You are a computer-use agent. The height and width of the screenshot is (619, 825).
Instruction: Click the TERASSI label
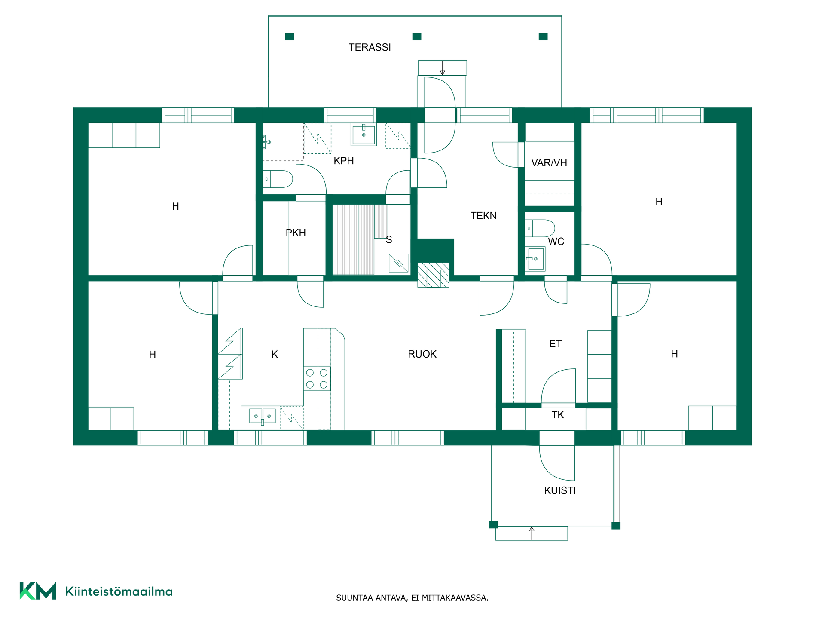point(370,47)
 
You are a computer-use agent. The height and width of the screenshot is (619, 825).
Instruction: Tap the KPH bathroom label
point(344,161)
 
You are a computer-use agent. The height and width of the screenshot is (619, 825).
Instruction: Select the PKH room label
point(296,233)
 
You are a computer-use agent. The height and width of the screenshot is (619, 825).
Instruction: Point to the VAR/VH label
point(549,163)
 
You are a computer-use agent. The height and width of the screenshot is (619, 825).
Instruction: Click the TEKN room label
point(483,216)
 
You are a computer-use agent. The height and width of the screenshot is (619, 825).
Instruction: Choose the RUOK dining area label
point(422,354)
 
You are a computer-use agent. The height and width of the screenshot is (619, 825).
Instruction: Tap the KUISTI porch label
point(560,490)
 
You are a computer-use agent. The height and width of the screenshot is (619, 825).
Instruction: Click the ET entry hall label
point(555,344)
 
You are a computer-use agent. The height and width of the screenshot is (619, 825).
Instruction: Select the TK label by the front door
point(558,415)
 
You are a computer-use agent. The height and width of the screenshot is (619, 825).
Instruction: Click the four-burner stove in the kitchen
point(317,379)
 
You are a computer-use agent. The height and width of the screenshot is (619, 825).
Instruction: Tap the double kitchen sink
point(263,416)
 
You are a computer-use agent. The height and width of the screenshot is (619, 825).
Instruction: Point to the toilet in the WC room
point(540,229)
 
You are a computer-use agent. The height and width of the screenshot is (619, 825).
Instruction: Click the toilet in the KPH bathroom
point(278,179)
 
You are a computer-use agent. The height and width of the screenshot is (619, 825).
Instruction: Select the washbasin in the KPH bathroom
point(364,135)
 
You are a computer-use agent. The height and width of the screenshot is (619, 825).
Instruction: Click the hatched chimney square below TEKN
point(433,275)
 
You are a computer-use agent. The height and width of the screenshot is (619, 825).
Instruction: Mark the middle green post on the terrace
point(417,37)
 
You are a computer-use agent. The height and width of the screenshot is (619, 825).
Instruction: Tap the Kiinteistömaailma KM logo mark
point(38,591)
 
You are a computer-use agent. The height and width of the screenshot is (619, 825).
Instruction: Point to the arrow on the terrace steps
point(443,68)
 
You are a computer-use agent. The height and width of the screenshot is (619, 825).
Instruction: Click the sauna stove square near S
point(398,263)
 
